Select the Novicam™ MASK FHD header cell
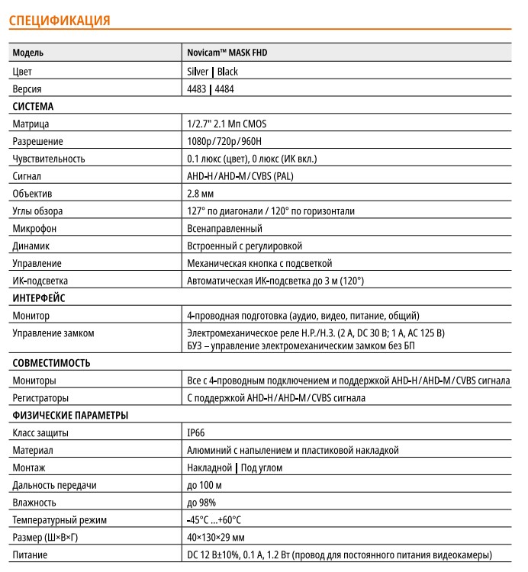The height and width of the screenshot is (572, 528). point(227,53)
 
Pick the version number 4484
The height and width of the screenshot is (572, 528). point(227,88)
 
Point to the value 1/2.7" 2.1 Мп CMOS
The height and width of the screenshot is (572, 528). point(227,124)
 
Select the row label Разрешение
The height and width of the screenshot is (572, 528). point(38,141)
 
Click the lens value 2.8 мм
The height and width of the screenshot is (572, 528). point(200,194)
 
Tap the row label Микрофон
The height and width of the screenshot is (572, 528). point(36,228)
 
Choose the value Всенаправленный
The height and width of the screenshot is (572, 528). point(224,228)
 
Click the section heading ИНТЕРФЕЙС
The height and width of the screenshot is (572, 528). point(39,298)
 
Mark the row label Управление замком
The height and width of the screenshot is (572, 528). point(54,333)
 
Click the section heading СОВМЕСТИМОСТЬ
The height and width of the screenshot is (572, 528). point(52,363)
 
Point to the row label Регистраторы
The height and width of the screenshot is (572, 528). point(41,398)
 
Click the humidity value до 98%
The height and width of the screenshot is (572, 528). point(201,503)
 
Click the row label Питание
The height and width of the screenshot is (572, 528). point(31,555)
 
